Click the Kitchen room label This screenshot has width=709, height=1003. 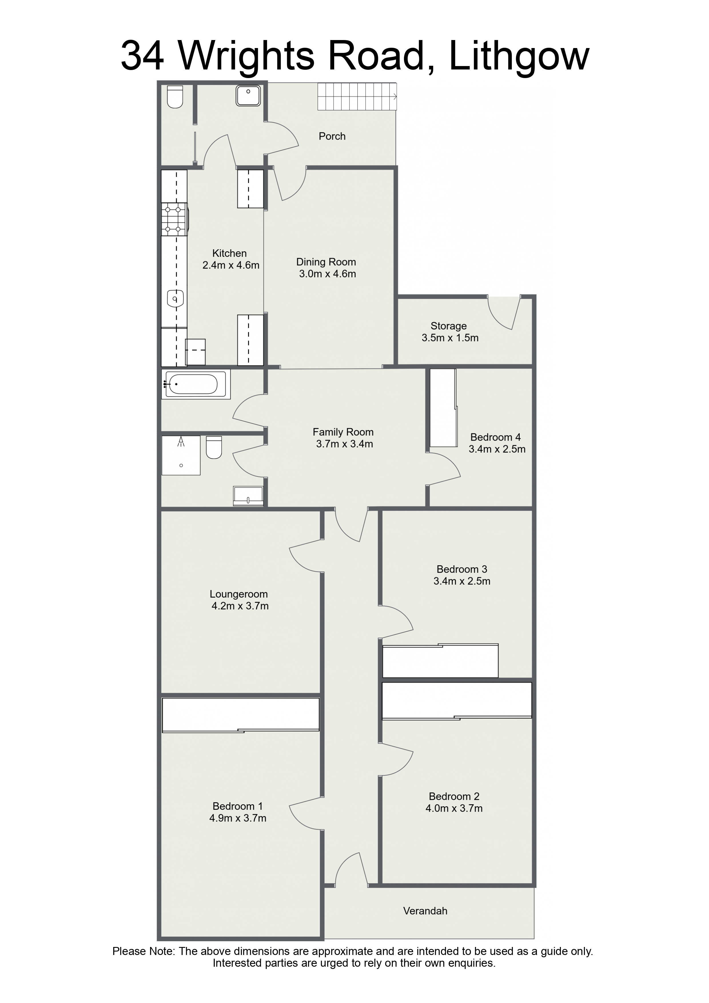(229, 253)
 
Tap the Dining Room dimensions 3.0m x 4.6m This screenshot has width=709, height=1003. (327, 274)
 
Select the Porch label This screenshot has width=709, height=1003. (332, 136)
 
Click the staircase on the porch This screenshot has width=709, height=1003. (357, 97)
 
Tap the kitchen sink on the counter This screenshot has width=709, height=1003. (175, 299)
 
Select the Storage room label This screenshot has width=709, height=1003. (449, 326)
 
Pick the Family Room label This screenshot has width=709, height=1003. (343, 432)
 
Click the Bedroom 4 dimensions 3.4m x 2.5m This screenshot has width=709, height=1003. (497, 449)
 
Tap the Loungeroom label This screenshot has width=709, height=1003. (238, 594)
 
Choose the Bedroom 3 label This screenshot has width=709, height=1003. (462, 569)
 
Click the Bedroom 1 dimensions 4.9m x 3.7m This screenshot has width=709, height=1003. (238, 818)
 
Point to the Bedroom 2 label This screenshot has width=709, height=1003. (454, 796)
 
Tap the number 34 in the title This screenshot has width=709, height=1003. (142, 56)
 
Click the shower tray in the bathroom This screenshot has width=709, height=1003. (181, 455)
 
